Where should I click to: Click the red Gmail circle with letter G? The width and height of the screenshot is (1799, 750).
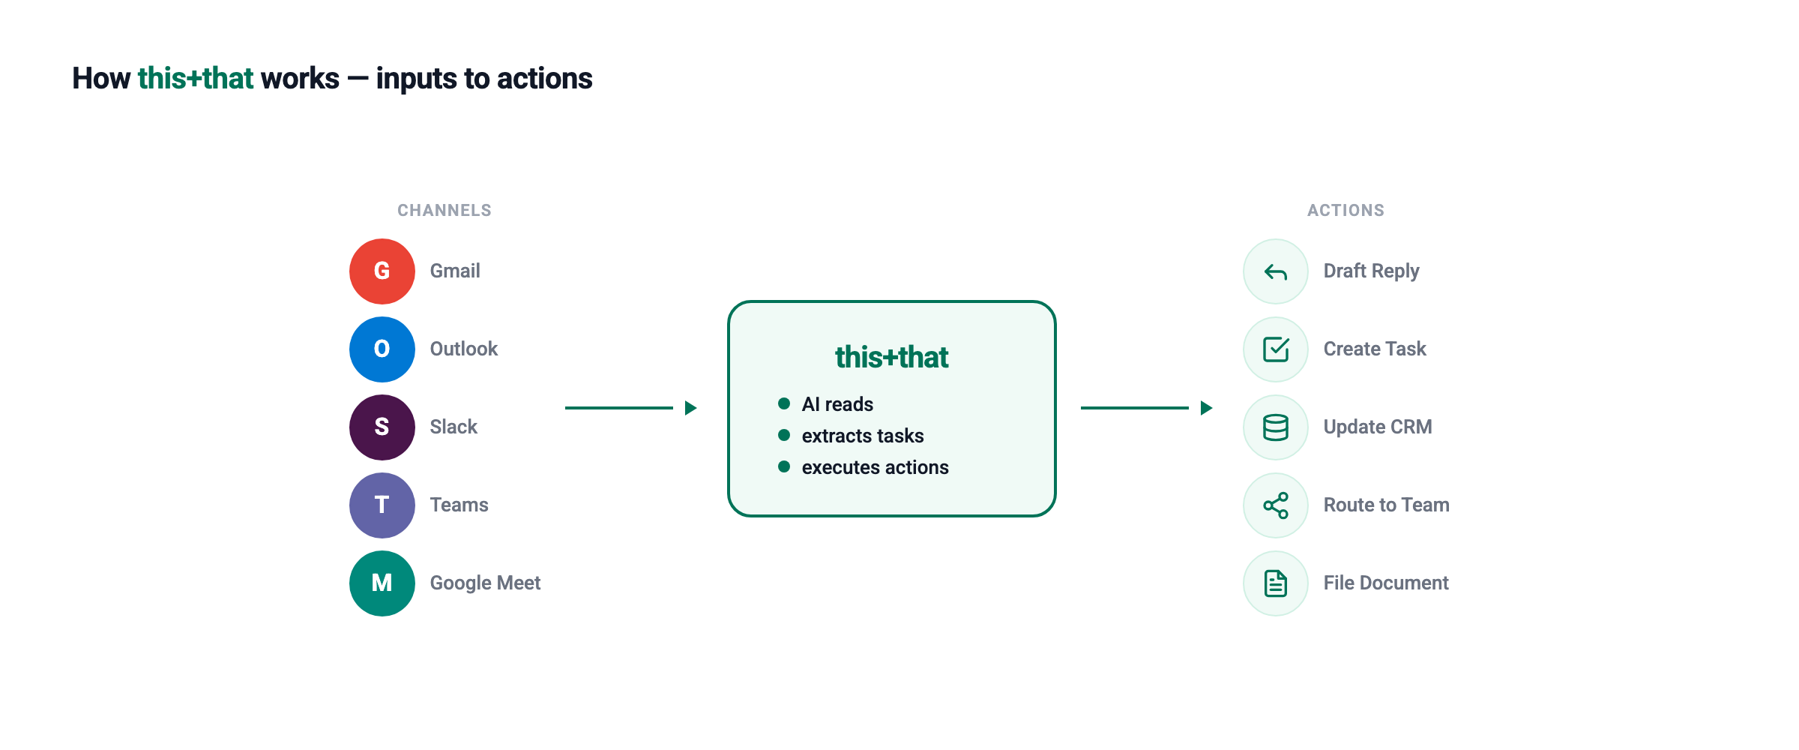[382, 271]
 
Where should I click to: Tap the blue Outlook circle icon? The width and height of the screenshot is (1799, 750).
[382, 349]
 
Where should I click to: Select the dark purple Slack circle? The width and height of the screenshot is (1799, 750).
[382, 427]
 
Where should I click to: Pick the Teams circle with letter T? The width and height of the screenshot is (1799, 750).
[382, 505]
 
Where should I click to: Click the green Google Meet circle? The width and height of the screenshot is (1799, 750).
[382, 583]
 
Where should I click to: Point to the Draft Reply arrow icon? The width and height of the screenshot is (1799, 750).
[1276, 271]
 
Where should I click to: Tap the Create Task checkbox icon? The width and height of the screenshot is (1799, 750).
[1276, 349]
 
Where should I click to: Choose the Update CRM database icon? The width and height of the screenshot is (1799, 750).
[1276, 427]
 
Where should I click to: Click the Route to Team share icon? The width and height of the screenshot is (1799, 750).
[1276, 505]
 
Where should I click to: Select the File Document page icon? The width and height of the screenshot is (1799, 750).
[1276, 583]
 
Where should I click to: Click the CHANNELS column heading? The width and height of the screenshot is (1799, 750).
[445, 211]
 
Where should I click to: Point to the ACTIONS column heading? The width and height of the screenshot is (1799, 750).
[1346, 211]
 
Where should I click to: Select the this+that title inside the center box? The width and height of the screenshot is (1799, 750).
[892, 358]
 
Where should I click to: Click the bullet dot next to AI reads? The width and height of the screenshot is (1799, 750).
[784, 404]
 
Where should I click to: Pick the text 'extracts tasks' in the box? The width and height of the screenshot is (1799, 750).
[863, 436]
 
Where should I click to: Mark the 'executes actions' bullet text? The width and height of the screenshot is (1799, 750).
[875, 467]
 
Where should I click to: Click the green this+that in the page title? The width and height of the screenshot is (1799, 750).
[196, 79]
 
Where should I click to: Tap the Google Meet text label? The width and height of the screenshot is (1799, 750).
[485, 583]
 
